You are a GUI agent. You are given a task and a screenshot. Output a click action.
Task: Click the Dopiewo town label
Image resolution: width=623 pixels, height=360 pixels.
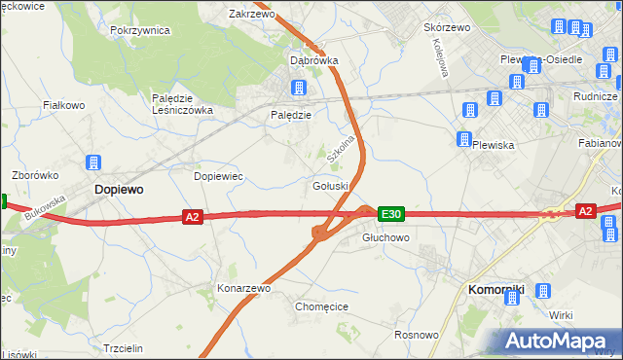tap(118, 191)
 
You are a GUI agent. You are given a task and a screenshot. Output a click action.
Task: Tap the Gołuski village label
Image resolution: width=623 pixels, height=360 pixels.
tap(330, 186)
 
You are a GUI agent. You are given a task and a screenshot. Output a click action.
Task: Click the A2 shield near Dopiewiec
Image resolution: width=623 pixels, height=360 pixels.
tap(192, 217)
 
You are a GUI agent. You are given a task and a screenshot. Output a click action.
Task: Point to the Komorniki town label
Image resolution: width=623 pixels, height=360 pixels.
tap(496, 289)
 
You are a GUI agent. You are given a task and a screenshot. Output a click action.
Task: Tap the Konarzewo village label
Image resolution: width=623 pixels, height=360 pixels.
tap(243, 289)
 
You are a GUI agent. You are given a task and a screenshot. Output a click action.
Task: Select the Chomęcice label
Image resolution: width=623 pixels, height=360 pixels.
tap(321, 306)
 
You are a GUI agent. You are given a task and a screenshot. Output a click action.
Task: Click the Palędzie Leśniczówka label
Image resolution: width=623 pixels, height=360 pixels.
tap(181, 104)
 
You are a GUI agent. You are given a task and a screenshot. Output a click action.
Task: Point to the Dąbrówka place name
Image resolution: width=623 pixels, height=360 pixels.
tap(313, 60)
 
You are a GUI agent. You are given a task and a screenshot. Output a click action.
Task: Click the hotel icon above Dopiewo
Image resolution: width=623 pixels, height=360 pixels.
tap(94, 162)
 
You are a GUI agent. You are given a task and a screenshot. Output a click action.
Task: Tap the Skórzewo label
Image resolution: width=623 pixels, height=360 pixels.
tap(447, 27)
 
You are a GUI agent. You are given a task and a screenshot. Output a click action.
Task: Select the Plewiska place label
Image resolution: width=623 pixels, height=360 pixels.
tap(493, 145)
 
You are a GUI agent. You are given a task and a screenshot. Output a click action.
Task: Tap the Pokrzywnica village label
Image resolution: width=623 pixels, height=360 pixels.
tap(140, 30)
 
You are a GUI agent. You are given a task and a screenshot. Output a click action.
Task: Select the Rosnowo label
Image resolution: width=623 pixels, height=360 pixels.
tap(415, 335)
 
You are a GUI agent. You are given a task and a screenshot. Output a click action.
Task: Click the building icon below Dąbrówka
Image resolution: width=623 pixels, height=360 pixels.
tap(298, 88)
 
